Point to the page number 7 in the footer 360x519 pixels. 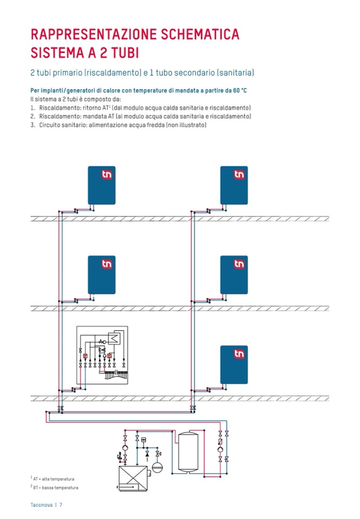[62, 505]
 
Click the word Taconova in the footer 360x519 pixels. [41, 505]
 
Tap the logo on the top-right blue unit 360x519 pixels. [239, 175]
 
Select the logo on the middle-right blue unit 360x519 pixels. [239, 264]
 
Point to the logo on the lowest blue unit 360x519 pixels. [239, 354]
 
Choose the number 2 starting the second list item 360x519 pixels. [32, 116]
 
